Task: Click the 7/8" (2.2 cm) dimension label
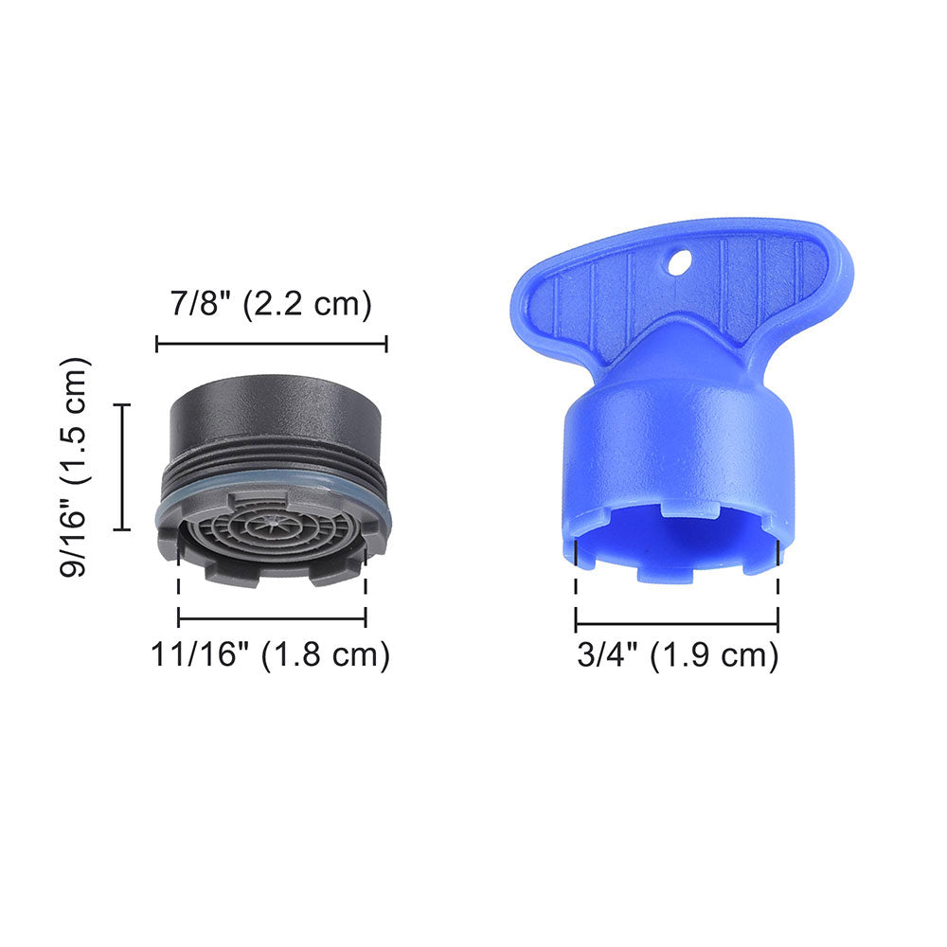click(x=271, y=305)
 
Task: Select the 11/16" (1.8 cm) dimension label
click(x=271, y=654)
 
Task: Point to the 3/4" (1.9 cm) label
click(x=677, y=655)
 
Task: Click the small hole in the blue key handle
click(x=678, y=262)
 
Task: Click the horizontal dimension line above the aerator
click(x=271, y=344)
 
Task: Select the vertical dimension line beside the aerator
click(x=122, y=466)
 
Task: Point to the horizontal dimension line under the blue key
click(x=677, y=624)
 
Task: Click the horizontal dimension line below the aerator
click(x=272, y=619)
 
